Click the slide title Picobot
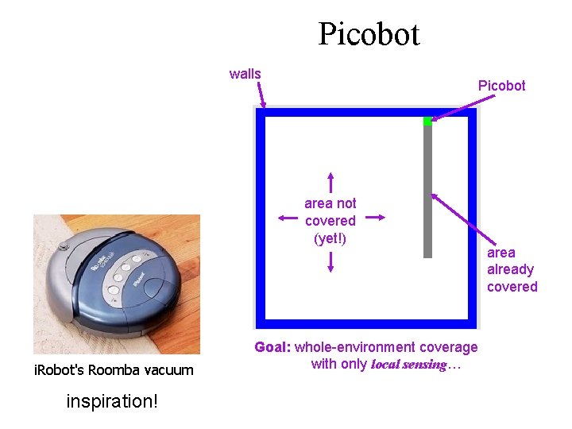pos(369,34)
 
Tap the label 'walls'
pos(245,74)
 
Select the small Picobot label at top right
pos(501,85)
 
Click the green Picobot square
pos(427,121)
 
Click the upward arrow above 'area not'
pos(330,182)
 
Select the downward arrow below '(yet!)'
pos(330,261)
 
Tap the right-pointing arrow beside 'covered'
pos(376,217)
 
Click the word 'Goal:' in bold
pos(272,347)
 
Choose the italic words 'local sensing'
pos(408,365)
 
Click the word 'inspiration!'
pos(112,401)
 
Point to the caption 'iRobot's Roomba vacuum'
pos(113,369)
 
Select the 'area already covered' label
pos(512,269)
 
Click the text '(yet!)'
pos(330,238)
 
